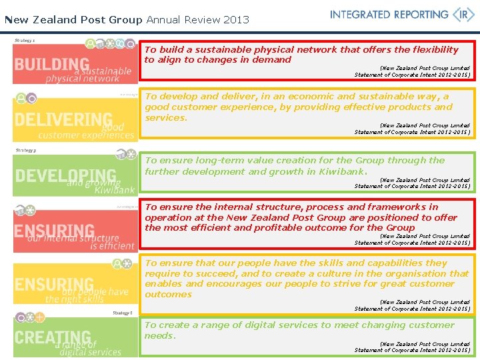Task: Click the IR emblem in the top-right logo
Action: [x=463, y=15]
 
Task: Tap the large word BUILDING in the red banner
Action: [x=51, y=65]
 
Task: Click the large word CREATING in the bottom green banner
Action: [x=52, y=338]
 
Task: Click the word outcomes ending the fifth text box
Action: [x=168, y=294]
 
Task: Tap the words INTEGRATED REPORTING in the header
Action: [x=389, y=15]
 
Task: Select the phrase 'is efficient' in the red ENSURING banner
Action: [x=113, y=246]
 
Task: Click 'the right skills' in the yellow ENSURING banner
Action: [x=75, y=299]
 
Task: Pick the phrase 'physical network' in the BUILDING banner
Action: [x=83, y=79]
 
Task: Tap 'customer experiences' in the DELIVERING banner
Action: [x=87, y=135]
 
